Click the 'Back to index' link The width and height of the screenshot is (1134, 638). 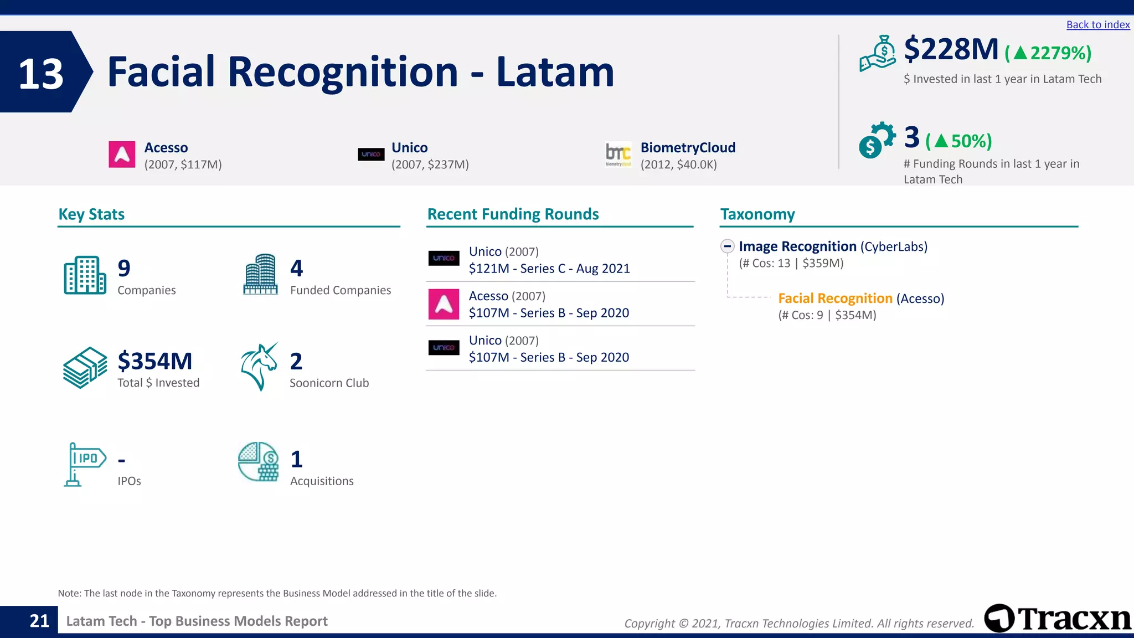click(x=1097, y=25)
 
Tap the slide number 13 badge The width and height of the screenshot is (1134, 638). click(x=42, y=73)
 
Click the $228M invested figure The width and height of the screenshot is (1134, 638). click(x=951, y=50)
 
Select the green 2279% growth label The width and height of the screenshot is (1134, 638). click(x=1048, y=53)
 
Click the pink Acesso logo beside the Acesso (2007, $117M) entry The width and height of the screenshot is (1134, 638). click(x=122, y=155)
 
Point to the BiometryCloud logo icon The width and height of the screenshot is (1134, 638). click(x=618, y=155)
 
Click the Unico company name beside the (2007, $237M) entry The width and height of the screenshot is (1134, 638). click(x=409, y=148)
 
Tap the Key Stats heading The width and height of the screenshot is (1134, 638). click(x=91, y=214)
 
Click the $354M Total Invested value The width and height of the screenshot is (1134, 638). click(x=154, y=362)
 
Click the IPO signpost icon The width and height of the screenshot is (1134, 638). click(x=84, y=464)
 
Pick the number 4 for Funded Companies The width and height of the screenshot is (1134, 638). click(x=296, y=269)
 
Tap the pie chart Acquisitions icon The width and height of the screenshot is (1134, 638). click(x=258, y=462)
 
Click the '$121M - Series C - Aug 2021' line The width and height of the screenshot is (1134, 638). click(x=549, y=269)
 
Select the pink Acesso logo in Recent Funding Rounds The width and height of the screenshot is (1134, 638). click(x=444, y=304)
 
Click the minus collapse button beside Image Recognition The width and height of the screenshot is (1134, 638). click(x=728, y=246)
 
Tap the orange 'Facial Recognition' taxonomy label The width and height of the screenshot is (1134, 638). click(x=835, y=299)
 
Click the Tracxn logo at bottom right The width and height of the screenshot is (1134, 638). click(x=1058, y=618)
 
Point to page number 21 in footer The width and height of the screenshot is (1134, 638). click(x=39, y=621)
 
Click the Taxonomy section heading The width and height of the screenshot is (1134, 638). click(x=757, y=214)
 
